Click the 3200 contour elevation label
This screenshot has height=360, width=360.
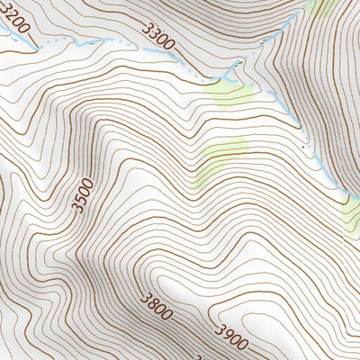15,20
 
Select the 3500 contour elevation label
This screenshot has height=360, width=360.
82,195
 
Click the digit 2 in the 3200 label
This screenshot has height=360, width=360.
13,17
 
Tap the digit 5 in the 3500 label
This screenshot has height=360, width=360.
81,200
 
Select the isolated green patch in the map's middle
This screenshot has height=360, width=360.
221,155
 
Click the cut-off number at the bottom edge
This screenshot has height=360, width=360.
201,356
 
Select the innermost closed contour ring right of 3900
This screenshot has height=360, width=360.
297,335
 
